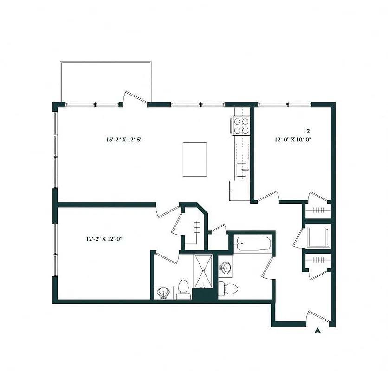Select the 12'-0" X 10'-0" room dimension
point(292,139)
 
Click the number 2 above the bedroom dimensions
point(308,131)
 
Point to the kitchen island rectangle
point(194,160)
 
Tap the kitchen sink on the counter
point(241,170)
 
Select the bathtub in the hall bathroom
point(253,243)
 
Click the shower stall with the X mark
point(203,270)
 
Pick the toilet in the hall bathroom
point(228,288)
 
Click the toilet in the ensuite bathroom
point(183,288)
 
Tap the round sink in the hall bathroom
point(226,268)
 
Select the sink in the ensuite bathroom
point(163,292)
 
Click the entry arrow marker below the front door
point(318,331)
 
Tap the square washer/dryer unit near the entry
point(319,237)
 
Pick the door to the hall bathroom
point(268,268)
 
